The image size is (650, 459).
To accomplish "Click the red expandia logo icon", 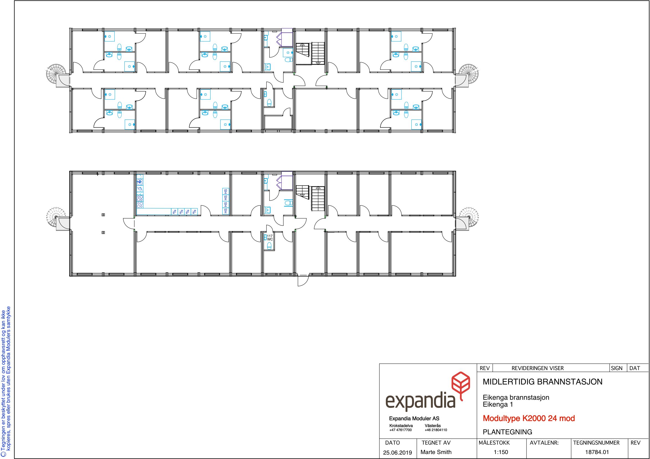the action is pyautogui.click(x=460, y=385).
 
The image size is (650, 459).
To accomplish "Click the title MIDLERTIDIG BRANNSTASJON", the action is pyautogui.click(x=542, y=382).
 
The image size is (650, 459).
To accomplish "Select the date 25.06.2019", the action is pyautogui.click(x=398, y=453).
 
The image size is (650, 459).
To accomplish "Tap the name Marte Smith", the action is pyautogui.click(x=436, y=452).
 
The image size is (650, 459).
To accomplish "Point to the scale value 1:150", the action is pyautogui.click(x=501, y=452).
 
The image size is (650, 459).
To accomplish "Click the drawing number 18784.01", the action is pyautogui.click(x=597, y=452).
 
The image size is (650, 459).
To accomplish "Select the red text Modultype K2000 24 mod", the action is pyautogui.click(x=529, y=418).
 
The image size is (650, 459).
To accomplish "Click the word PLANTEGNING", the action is pyautogui.click(x=507, y=432).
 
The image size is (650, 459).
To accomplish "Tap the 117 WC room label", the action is pyautogui.click(x=270, y=237).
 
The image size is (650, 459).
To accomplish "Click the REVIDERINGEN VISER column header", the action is pyautogui.click(x=538, y=368).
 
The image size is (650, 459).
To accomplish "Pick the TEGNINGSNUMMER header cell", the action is pyautogui.click(x=596, y=443).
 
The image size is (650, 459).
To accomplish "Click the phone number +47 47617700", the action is pyautogui.click(x=401, y=430).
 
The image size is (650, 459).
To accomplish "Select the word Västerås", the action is pyautogui.click(x=433, y=425).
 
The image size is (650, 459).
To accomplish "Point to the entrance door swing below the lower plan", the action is pyautogui.click(x=303, y=280).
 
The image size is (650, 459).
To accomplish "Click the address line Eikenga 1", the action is pyautogui.click(x=498, y=404).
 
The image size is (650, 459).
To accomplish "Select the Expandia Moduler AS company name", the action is pyautogui.click(x=414, y=419).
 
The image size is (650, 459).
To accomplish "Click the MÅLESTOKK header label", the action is pyautogui.click(x=494, y=443).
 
